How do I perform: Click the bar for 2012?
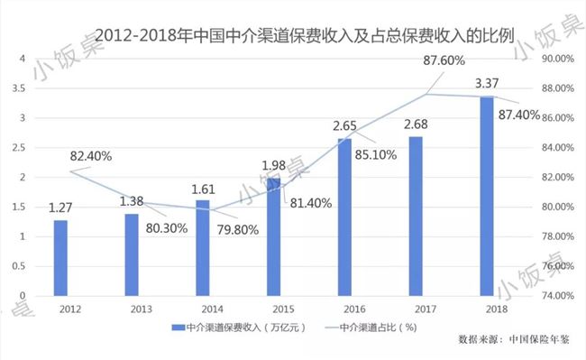point(60,258)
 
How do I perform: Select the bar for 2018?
point(487,196)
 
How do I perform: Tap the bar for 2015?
point(273,237)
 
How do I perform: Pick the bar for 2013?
point(132,254)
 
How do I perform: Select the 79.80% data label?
point(233,229)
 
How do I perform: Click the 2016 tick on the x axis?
point(344,309)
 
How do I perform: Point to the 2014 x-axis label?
point(203,309)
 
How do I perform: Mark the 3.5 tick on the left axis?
point(22,88)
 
